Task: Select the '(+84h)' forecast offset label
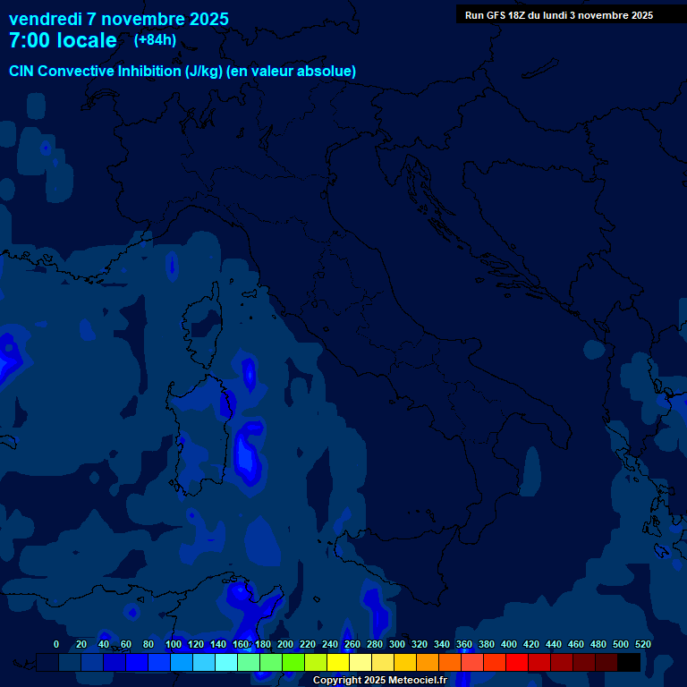tap(155, 40)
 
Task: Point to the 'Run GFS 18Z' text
tap(499, 15)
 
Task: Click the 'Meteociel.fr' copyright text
tap(418, 681)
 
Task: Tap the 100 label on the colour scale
tap(173, 644)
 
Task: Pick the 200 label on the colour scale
tap(285, 644)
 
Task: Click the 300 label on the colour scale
tap(397, 644)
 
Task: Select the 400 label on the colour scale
tap(509, 644)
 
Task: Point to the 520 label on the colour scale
tap(642, 644)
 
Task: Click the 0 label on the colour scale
tap(56, 644)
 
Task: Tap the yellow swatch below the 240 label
tap(338, 663)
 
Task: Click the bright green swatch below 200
tap(293, 663)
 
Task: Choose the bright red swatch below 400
tap(517, 663)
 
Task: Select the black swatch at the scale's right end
tap(629, 663)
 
